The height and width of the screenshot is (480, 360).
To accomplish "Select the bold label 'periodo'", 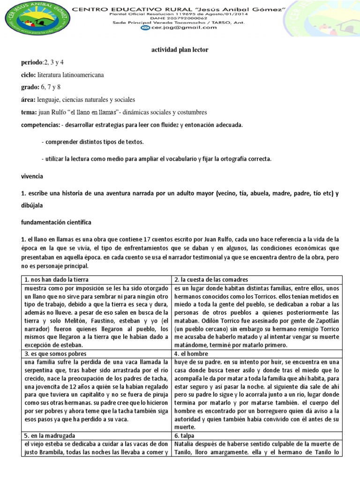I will (x=32, y=62).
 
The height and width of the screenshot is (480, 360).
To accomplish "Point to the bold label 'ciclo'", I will (x=29, y=75).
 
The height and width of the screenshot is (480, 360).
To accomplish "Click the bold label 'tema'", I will (x=29, y=112).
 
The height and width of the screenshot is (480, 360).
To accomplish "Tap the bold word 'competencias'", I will (x=41, y=125).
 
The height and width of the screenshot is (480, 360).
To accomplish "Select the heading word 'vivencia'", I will (x=32, y=176).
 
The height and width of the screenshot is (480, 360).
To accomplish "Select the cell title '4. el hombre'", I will (x=192, y=353).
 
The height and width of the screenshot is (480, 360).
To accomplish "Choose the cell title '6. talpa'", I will (x=187, y=435).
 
